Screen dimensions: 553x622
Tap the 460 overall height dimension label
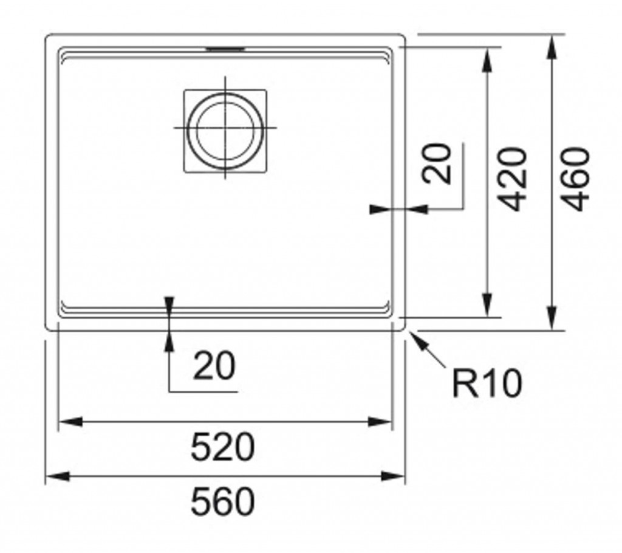(x=573, y=179)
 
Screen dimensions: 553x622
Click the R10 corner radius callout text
(x=487, y=383)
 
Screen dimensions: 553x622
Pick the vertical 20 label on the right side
(x=439, y=163)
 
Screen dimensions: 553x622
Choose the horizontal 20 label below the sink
(x=213, y=366)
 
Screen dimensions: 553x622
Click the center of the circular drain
(x=225, y=128)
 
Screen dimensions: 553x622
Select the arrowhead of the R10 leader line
(x=417, y=338)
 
